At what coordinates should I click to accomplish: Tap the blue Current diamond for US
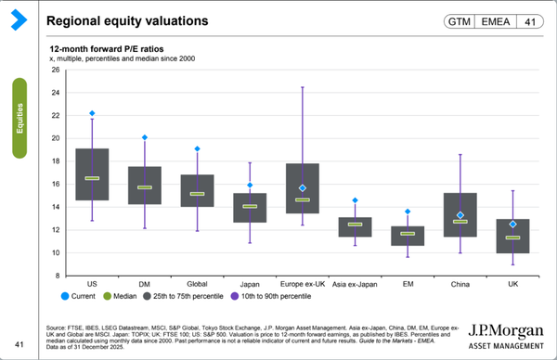point(92,113)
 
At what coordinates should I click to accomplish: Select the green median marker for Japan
point(250,206)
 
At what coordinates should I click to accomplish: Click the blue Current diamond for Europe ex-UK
point(303,188)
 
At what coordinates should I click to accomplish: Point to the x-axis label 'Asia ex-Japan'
point(356,285)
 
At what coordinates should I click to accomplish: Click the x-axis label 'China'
point(460,285)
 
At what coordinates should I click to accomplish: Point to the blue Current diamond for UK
point(513,224)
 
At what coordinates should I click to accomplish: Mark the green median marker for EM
point(408,233)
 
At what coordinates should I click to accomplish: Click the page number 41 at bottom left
point(18,344)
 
